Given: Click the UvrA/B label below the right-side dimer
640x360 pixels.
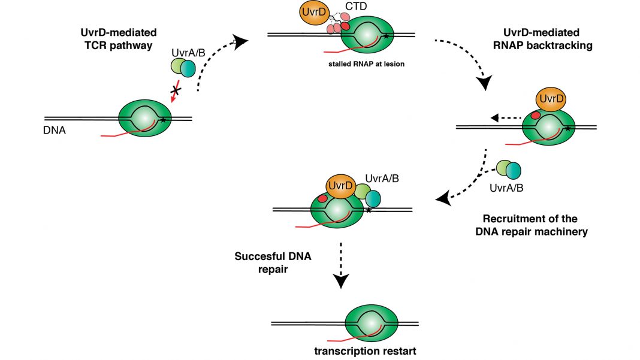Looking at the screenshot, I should (509, 187).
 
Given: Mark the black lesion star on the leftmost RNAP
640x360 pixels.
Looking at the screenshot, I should (163, 120).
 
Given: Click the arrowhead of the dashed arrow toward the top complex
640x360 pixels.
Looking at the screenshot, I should (239, 41).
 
